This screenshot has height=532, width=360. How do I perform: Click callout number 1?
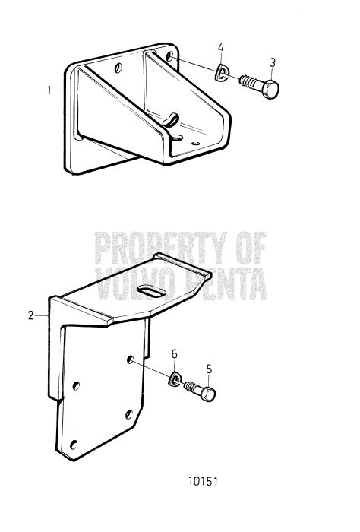click(49, 90)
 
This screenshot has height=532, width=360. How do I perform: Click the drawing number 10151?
click(204, 482)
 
